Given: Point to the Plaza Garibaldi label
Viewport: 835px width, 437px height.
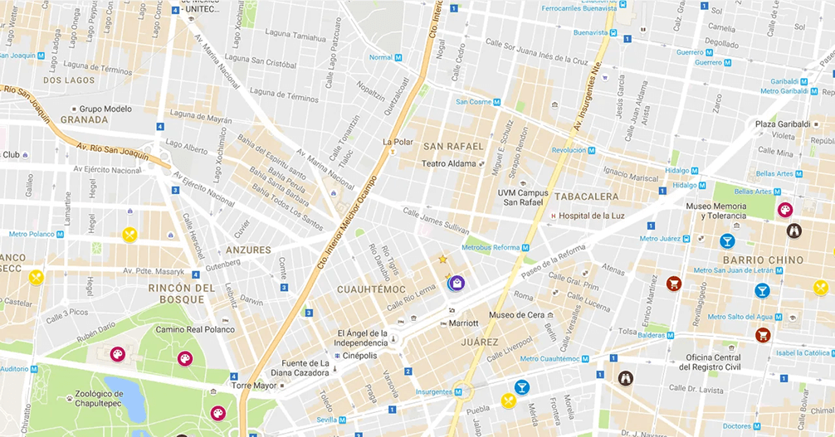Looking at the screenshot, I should (783, 124).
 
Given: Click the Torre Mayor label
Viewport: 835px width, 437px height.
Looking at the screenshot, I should (252, 386).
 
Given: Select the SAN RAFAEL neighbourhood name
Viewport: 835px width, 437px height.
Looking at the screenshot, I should (452, 146).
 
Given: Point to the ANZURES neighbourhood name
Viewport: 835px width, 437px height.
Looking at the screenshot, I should (247, 250).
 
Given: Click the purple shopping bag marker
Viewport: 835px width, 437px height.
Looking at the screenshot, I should (456, 283).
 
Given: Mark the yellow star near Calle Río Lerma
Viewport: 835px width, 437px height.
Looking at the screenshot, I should (442, 260).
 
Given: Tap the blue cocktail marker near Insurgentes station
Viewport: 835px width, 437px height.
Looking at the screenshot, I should (521, 386).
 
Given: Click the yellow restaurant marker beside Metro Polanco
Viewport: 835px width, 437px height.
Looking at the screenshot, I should (129, 235).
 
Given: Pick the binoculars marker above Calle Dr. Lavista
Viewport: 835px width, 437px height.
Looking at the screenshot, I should (626, 378).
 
